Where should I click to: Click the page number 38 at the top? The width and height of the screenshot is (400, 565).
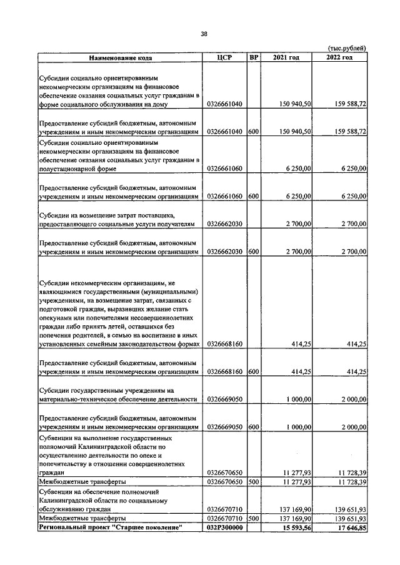[x=204, y=34]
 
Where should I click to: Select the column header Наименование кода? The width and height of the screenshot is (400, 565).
[x=120, y=58]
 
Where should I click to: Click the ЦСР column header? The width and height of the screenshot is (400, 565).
[x=224, y=58]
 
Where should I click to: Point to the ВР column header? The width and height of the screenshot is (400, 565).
[x=254, y=58]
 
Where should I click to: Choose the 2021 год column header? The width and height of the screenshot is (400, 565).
[x=286, y=58]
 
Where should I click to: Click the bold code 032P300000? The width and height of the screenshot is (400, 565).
[x=224, y=528]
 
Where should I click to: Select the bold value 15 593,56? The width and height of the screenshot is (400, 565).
[x=296, y=528]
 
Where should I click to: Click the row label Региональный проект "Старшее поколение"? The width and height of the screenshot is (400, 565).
[x=111, y=528]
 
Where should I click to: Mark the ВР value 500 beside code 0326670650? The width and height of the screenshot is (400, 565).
[x=253, y=483]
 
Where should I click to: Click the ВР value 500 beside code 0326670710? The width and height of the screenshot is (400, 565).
[x=253, y=519]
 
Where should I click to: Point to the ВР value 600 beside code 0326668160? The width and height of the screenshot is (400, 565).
[x=253, y=372]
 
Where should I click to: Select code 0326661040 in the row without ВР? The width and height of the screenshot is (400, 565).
[x=224, y=104]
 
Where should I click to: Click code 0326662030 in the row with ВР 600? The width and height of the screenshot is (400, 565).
[x=224, y=251]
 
